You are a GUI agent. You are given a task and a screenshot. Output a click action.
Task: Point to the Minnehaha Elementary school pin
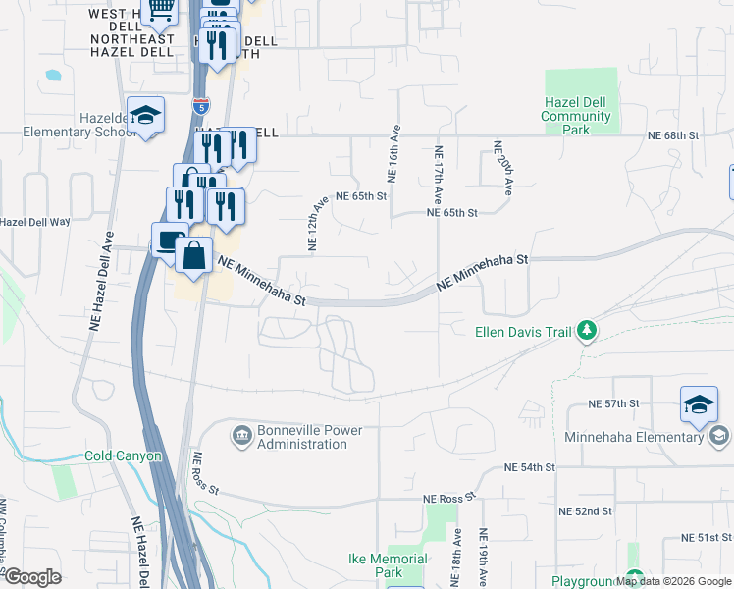tap(699, 403)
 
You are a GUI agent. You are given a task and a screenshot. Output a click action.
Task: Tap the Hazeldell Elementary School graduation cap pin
tap(145, 118)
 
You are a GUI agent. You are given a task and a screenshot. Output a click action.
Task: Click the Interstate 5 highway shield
tap(201, 106)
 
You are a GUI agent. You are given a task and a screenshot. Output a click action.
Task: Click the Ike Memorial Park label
tap(389, 565)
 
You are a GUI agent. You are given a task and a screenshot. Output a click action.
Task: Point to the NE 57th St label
tap(613, 403)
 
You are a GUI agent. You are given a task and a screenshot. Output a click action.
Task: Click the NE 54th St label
tap(530, 467)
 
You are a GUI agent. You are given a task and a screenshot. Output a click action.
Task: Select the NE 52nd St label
tap(585, 511)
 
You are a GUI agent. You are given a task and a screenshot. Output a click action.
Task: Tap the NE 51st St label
tap(707, 538)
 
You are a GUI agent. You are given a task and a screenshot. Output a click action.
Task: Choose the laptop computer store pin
tap(170, 241)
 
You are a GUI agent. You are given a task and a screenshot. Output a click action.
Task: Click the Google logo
tap(32, 577)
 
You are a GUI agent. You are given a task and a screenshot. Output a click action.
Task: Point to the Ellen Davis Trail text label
tap(523, 332)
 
